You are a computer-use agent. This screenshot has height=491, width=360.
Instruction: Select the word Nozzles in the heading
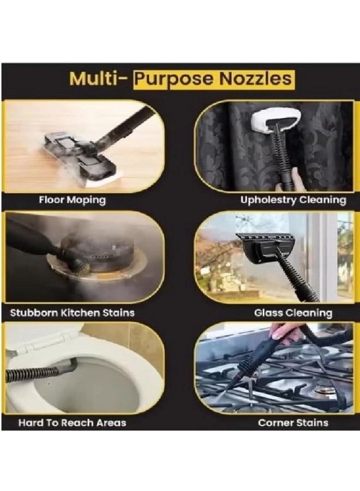(255, 79)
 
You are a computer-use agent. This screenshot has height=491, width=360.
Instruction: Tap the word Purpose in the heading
(175, 80)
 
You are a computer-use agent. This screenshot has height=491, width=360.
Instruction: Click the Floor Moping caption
(73, 200)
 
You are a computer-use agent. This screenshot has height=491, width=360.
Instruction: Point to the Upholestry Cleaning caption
(293, 200)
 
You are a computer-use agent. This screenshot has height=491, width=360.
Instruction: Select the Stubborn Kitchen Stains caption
(73, 313)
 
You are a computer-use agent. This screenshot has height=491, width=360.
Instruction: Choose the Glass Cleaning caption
(293, 313)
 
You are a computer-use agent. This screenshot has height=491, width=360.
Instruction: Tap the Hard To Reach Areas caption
(73, 423)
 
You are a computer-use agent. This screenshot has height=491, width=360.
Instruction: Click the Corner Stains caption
(293, 423)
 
